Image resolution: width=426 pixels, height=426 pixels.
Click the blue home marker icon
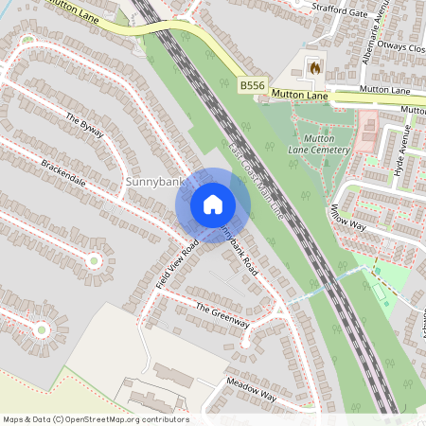[213, 204]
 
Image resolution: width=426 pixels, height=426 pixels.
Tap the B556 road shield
[252, 86]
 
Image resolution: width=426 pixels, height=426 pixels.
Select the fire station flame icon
[314, 67]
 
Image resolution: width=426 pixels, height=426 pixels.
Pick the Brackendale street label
[63, 173]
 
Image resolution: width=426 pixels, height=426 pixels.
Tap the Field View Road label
[177, 261]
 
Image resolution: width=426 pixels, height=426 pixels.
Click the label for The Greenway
[222, 315]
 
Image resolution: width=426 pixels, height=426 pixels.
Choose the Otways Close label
[401, 46]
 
